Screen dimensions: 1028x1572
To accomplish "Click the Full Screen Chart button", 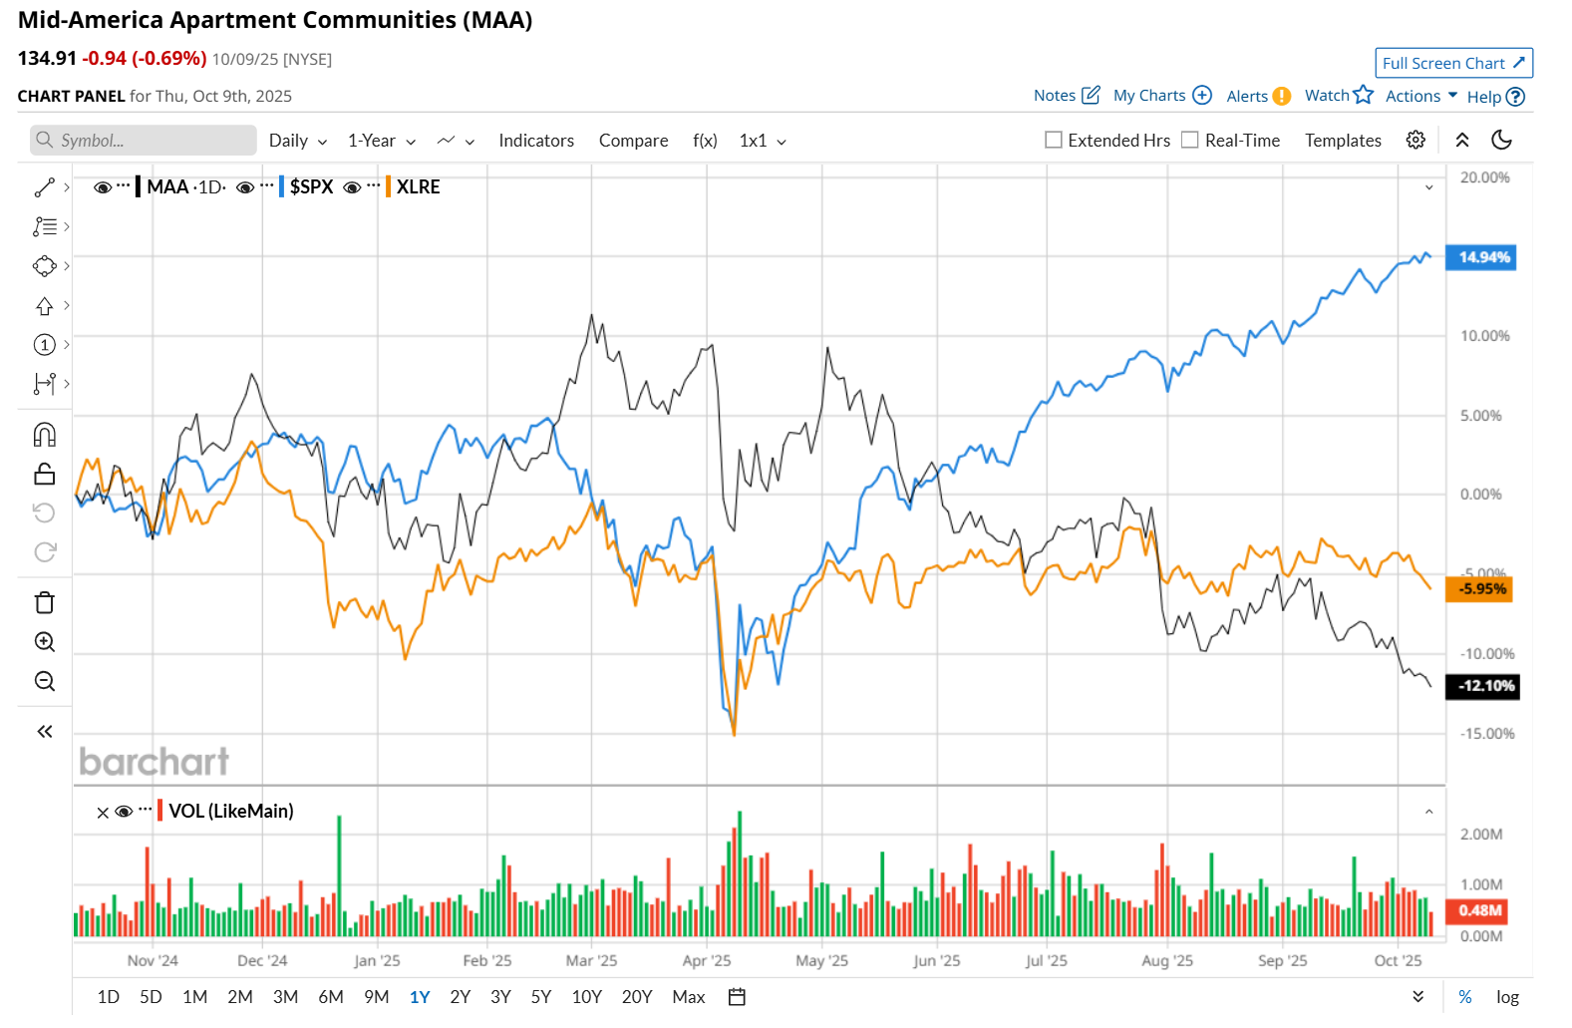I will click(1452, 63).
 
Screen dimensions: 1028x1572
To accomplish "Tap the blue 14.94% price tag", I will click(1483, 257).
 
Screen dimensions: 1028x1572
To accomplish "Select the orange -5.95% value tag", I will click(1481, 589).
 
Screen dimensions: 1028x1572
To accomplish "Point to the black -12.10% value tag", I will click(1484, 686).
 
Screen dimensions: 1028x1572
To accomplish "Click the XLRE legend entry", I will click(418, 187).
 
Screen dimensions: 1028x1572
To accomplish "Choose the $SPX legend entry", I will click(311, 187).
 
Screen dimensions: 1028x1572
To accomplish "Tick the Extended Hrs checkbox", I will click(1054, 141).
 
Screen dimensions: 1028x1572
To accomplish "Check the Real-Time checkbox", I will click(1190, 141).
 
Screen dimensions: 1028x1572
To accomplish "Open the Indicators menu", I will click(536, 141).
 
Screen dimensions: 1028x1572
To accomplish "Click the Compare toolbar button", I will click(633, 141).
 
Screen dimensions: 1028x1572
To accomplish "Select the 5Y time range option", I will click(540, 997).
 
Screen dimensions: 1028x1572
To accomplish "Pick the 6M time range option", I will click(331, 997).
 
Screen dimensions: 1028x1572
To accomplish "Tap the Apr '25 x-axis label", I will click(707, 961).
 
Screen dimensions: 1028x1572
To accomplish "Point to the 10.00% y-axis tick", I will click(1484, 336).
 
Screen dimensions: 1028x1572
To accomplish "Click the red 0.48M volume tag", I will click(1479, 910).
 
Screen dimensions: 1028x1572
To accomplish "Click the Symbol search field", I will click(145, 141).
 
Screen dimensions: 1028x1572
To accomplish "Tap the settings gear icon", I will click(1415, 141).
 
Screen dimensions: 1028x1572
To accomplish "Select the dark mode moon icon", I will click(1501, 141).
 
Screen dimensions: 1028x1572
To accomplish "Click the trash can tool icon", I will click(45, 603).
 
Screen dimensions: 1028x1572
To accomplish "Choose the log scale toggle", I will click(1507, 997).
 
